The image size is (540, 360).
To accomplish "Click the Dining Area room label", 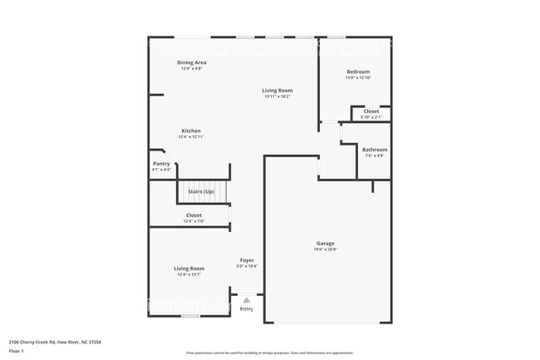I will (192, 62).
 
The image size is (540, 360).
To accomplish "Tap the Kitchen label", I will (192, 131).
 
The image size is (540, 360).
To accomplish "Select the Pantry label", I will (161, 164).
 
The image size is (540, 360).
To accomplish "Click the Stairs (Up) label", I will (201, 192).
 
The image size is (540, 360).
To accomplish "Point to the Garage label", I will (325, 244).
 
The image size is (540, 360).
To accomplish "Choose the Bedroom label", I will (358, 72).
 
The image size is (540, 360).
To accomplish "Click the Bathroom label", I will (374, 150).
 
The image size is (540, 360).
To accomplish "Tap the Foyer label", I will (247, 260).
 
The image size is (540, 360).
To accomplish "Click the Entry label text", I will (247, 308).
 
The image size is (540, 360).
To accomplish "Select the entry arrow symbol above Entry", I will (247, 300).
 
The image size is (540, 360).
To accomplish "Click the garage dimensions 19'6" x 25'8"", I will (325, 249).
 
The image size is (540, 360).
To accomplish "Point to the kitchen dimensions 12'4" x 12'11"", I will (192, 136).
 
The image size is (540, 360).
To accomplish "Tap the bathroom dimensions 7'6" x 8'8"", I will (374, 155).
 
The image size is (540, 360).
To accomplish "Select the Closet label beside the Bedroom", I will (371, 111).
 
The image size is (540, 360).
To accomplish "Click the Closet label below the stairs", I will (193, 215).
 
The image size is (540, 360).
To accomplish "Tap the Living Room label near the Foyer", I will (189, 269).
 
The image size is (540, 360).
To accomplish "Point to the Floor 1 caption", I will (17, 352).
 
